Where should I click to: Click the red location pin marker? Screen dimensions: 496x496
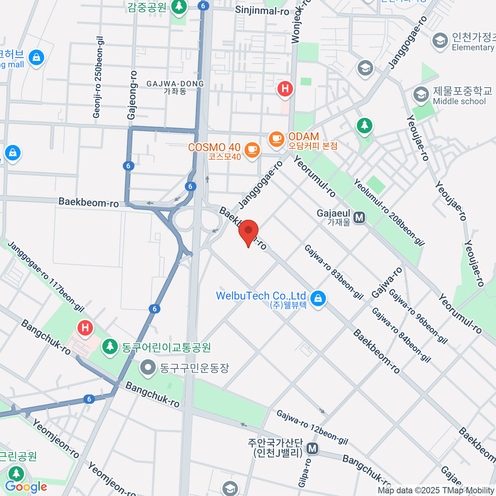[248, 231]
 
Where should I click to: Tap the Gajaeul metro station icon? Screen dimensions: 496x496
[359, 217]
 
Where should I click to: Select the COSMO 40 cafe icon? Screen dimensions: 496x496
[252, 150]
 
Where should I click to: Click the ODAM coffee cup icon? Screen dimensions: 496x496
[277, 139]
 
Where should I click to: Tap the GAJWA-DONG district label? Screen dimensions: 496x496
[175, 87]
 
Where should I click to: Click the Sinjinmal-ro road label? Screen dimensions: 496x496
[262, 10]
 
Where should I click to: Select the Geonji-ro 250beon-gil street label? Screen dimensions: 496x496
[98, 77]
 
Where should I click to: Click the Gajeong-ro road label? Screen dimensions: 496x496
[132, 95]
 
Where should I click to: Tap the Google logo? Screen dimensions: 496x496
[26, 487]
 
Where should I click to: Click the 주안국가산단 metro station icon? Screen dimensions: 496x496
[312, 448]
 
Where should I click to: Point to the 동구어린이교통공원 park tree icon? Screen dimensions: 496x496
[110, 346]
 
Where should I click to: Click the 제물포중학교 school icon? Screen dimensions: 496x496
[421, 94]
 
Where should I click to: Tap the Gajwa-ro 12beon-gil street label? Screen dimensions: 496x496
[312, 427]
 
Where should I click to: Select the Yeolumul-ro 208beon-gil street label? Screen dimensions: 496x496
[389, 212]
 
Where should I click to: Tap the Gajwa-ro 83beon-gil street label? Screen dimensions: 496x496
[334, 272]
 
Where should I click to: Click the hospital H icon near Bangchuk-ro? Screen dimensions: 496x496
[85, 329]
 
